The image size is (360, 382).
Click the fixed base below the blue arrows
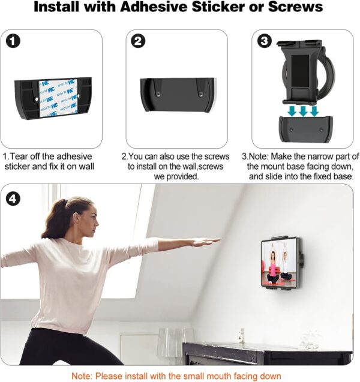point(306,130)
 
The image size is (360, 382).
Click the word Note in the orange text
point(83,376)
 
